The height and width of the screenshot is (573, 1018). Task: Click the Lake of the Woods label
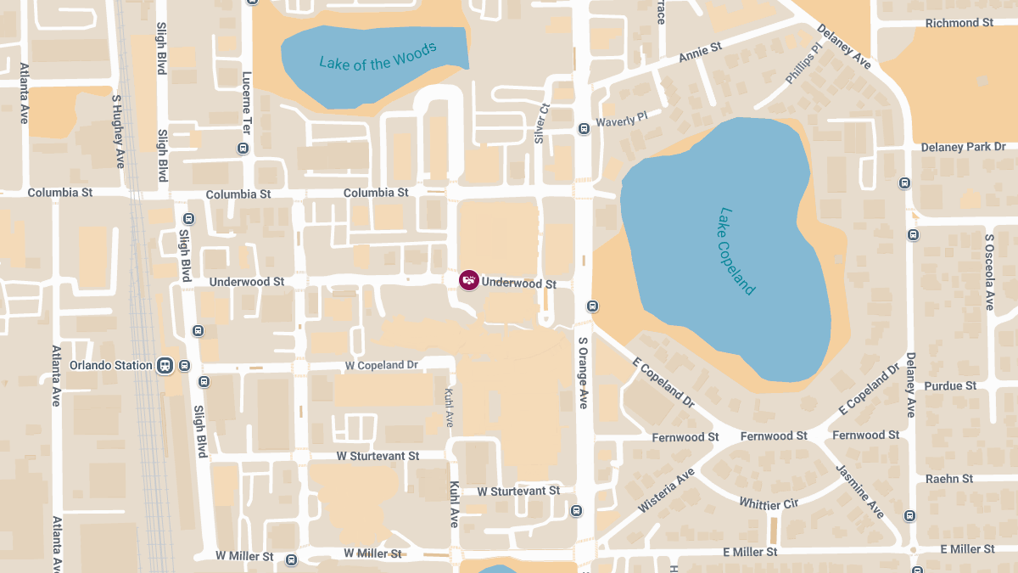[378, 55]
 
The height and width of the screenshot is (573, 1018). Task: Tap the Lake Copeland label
[736, 251]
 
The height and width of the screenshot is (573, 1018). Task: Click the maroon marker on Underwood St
[468, 279]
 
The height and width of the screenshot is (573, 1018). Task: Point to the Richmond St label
[959, 23]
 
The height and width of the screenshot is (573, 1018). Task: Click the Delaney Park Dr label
[963, 148]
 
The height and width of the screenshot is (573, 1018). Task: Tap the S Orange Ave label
[584, 373]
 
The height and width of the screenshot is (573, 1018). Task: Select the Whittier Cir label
[769, 503]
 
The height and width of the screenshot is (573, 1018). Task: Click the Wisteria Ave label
[666, 491]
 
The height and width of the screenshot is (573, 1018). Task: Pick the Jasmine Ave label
[860, 491]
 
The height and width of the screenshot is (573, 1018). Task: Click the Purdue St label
[950, 386]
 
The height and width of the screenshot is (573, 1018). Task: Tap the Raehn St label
[949, 479]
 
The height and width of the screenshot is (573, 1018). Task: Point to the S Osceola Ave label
[989, 272]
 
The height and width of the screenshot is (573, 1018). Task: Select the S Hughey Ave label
[119, 131]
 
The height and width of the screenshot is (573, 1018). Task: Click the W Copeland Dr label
[382, 365]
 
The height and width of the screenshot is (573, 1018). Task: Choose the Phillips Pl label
[804, 65]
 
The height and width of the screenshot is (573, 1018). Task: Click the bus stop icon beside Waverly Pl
[584, 129]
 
